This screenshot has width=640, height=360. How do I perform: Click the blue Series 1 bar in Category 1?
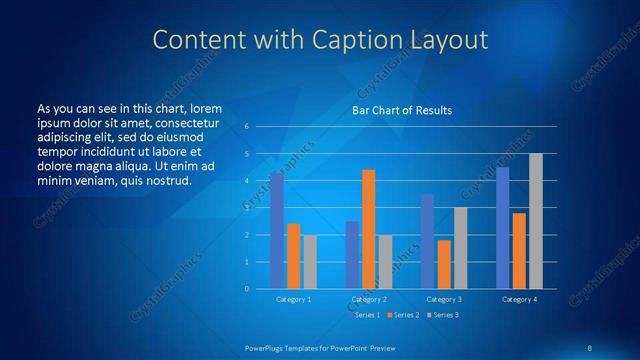[x=277, y=230]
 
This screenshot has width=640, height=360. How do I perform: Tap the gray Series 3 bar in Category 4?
[x=536, y=221]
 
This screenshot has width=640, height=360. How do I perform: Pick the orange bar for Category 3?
[x=444, y=264]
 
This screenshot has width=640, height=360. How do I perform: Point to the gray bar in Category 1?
[x=310, y=262]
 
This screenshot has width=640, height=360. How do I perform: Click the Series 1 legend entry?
[x=366, y=315]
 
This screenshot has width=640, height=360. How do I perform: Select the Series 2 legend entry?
[x=402, y=315]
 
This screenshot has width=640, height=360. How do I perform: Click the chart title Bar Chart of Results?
[x=401, y=110]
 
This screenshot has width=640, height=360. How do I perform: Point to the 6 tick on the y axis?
[x=246, y=127]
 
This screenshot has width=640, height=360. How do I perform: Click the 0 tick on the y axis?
[x=246, y=289]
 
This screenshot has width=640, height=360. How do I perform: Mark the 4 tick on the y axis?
[x=246, y=181]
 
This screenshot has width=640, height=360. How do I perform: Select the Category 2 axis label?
[x=369, y=299]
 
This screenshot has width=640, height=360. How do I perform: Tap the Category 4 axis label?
[x=520, y=299]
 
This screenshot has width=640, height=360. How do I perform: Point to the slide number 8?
[x=590, y=347]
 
